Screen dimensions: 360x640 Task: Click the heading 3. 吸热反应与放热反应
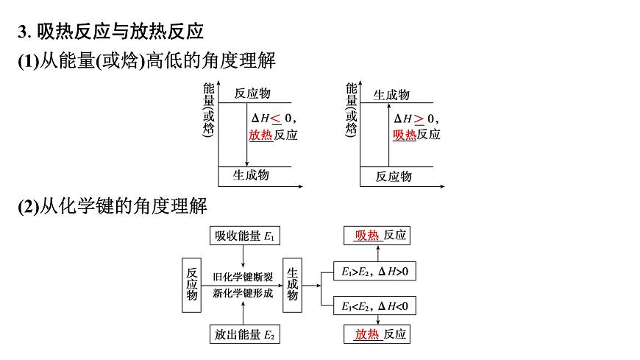110,32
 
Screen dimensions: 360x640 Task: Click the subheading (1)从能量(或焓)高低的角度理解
146,62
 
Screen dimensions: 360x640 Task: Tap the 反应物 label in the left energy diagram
252,93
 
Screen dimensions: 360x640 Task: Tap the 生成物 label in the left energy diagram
251,175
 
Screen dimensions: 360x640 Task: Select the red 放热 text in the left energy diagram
260,135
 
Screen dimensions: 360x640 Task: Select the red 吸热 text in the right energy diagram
405,135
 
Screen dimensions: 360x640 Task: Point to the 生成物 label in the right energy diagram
391,94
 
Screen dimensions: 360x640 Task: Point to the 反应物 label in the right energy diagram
394,177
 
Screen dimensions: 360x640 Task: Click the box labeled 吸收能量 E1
243,236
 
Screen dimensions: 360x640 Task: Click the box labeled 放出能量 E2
243,335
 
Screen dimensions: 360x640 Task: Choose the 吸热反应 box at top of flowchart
377,236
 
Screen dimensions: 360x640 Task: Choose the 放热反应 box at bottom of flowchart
377,334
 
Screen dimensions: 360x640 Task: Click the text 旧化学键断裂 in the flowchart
243,277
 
